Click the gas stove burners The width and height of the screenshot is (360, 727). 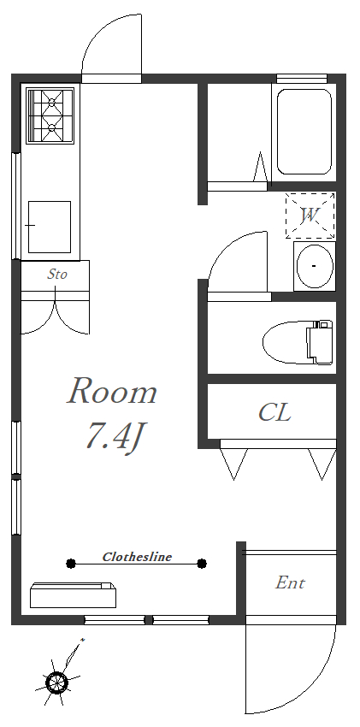point(50,115)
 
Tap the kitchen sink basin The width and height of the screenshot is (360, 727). point(50,227)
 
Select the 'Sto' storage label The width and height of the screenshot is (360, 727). point(57,274)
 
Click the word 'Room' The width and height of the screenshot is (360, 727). point(112,391)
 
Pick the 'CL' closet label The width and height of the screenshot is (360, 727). point(274,411)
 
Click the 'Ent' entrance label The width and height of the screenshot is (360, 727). point(291,582)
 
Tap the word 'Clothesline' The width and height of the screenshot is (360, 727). point(137,557)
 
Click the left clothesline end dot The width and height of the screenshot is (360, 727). point(70,564)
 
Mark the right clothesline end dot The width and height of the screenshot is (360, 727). point(202,564)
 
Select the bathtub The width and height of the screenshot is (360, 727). point(304,132)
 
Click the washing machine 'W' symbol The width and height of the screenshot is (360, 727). point(310,216)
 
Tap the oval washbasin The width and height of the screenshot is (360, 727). point(315,266)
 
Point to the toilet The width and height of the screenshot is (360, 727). point(298,343)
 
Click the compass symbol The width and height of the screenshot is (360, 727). point(56,682)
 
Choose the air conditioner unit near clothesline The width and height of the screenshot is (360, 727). point(73,595)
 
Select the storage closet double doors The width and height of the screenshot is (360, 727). point(55,316)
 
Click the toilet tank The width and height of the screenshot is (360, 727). point(320,342)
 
